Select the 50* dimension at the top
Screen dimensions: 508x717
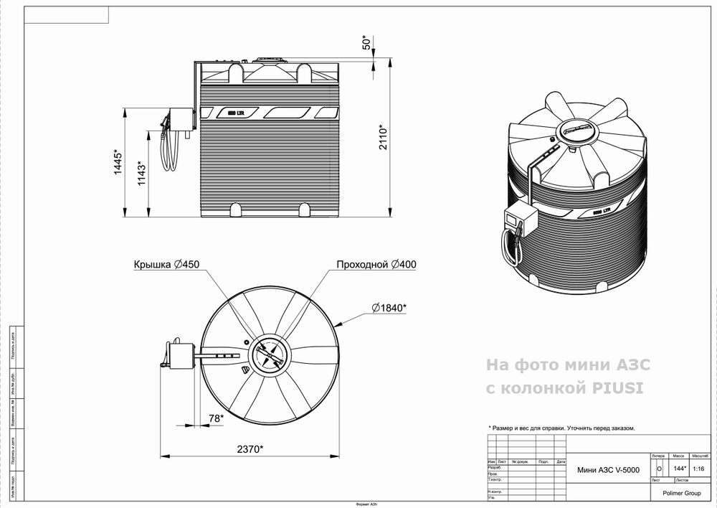tap(366, 42)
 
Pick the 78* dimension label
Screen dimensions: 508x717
tap(215, 418)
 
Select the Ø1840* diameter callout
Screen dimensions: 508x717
tap(389, 308)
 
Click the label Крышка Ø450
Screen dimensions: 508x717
tap(166, 265)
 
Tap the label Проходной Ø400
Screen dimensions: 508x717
tap(376, 265)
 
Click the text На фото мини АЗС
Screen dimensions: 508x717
tap(568, 364)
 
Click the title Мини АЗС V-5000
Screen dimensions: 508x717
tap(607, 470)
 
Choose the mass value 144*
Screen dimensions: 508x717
tap(680, 469)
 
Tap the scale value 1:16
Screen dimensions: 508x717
tap(700, 469)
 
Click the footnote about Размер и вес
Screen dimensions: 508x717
tap(561, 428)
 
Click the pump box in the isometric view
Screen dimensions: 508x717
tap(520, 218)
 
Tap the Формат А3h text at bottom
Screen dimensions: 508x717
tap(361, 504)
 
